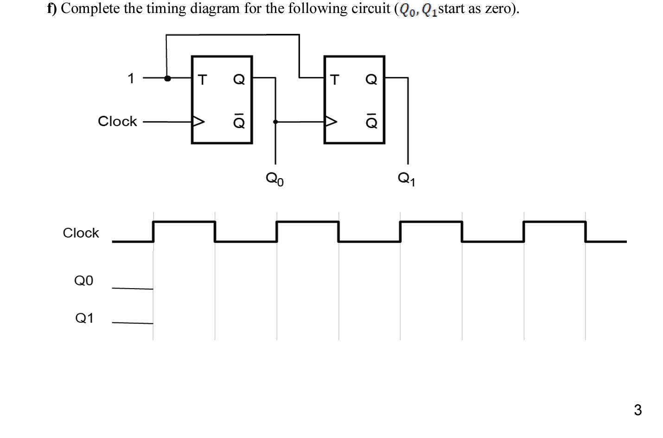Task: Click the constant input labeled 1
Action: coord(131,78)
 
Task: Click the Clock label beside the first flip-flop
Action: coord(117,121)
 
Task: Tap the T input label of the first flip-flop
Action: coord(202,80)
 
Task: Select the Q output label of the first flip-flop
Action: coord(239,80)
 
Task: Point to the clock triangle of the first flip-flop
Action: coord(198,122)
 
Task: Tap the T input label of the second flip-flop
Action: coord(334,80)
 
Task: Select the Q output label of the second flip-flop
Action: coord(371,80)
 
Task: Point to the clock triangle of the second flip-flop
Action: coord(331,122)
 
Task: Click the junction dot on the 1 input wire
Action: coord(167,78)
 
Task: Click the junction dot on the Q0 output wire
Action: coord(275,122)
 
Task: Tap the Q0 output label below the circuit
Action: coord(274,179)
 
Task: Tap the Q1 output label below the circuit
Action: coord(407,179)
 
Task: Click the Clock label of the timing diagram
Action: coord(81,232)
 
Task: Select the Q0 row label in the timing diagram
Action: coord(83,280)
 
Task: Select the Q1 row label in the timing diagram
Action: coord(84,318)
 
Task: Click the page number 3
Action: coord(637,410)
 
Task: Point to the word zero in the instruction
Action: coord(497,9)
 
